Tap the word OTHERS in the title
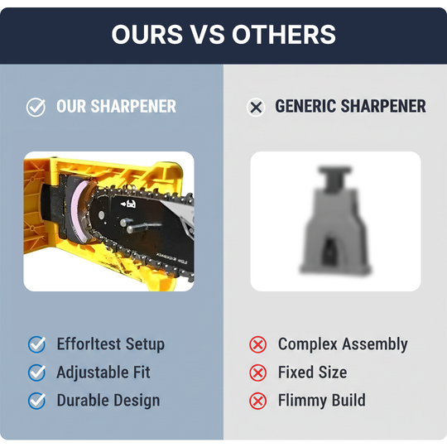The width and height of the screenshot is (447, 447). point(284,34)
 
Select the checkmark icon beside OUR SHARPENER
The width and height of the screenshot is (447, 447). point(36,107)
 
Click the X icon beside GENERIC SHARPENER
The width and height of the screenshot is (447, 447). point(256,107)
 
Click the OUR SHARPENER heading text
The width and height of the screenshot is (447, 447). point(116,107)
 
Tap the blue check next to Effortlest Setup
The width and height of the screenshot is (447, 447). point(36,344)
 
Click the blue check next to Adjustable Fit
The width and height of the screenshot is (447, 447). point(36,372)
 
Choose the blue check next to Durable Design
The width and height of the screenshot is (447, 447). point(36,401)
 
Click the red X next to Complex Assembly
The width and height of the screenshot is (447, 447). point(258,344)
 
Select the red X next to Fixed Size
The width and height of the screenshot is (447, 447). point(258,372)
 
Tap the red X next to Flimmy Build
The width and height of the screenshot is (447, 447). point(258,401)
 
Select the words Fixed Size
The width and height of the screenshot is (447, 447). point(312,372)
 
